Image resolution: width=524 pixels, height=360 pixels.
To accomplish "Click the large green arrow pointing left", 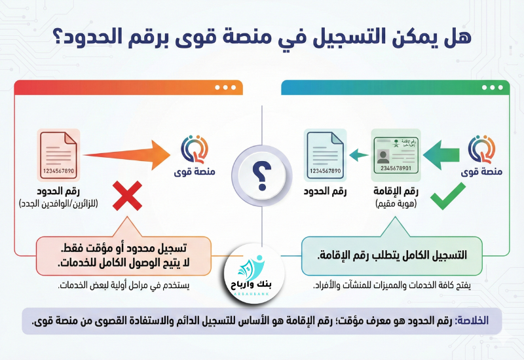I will coord(441,154).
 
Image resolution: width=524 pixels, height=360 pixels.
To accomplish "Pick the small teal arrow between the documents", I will coord(357,155).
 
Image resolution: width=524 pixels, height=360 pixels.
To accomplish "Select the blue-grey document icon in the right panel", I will coord(326,154).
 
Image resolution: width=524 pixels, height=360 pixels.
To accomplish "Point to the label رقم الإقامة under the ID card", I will coord(395,192).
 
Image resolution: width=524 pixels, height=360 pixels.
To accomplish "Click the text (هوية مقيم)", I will coord(395,204).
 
